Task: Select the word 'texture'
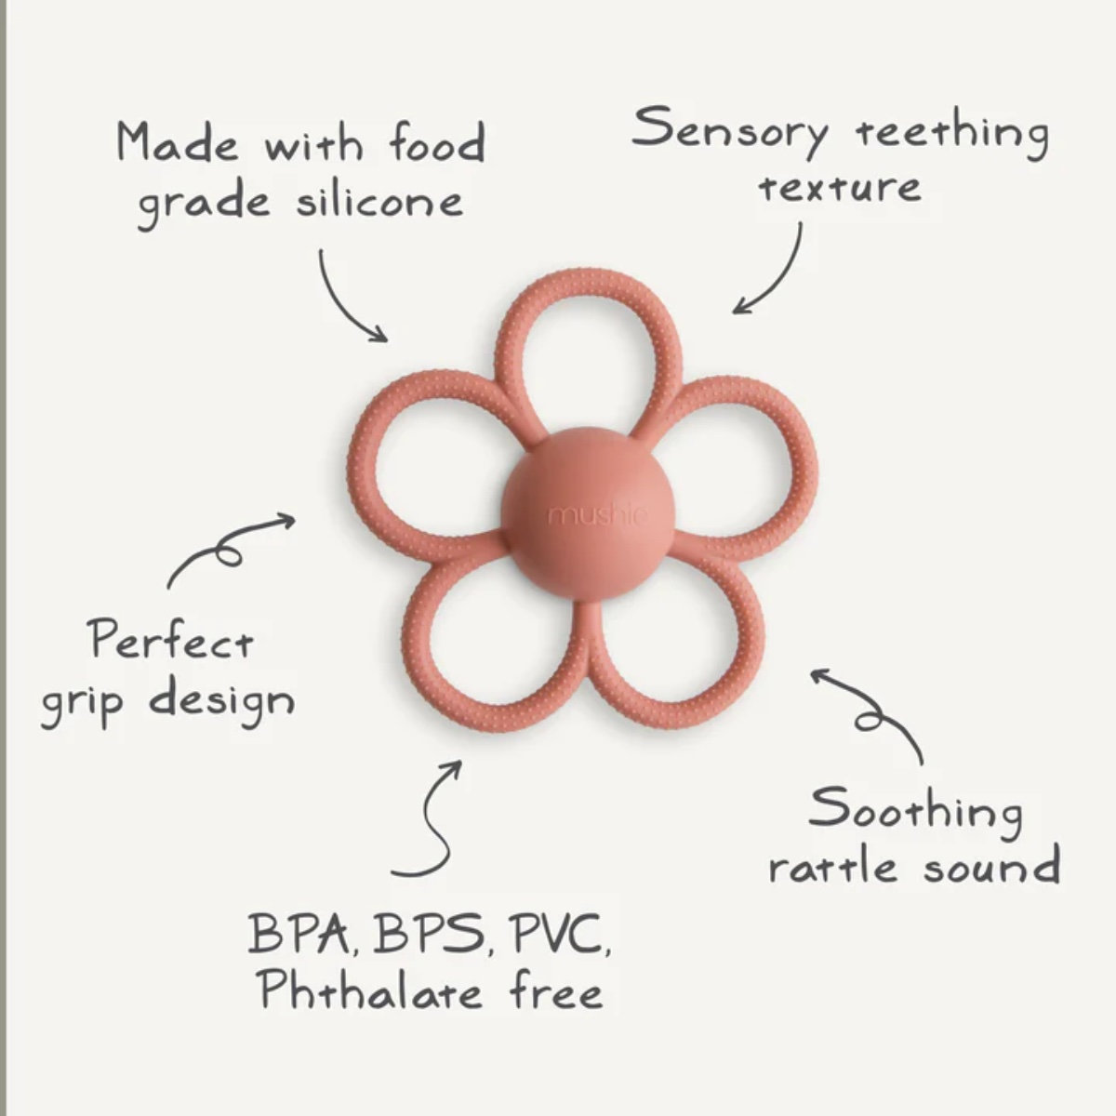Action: [x=840, y=187]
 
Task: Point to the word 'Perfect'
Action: [x=171, y=641]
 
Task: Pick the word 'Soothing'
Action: [x=915, y=810]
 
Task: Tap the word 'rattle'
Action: [x=833, y=868]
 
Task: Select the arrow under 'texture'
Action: [x=771, y=273]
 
